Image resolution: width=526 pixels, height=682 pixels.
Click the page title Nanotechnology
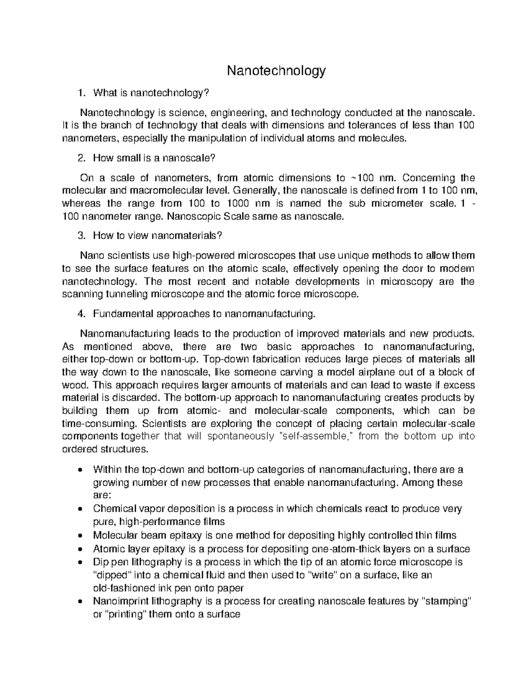(x=276, y=71)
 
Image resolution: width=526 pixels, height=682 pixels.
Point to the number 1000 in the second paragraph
(x=239, y=203)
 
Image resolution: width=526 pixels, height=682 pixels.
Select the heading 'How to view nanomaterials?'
(x=158, y=236)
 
